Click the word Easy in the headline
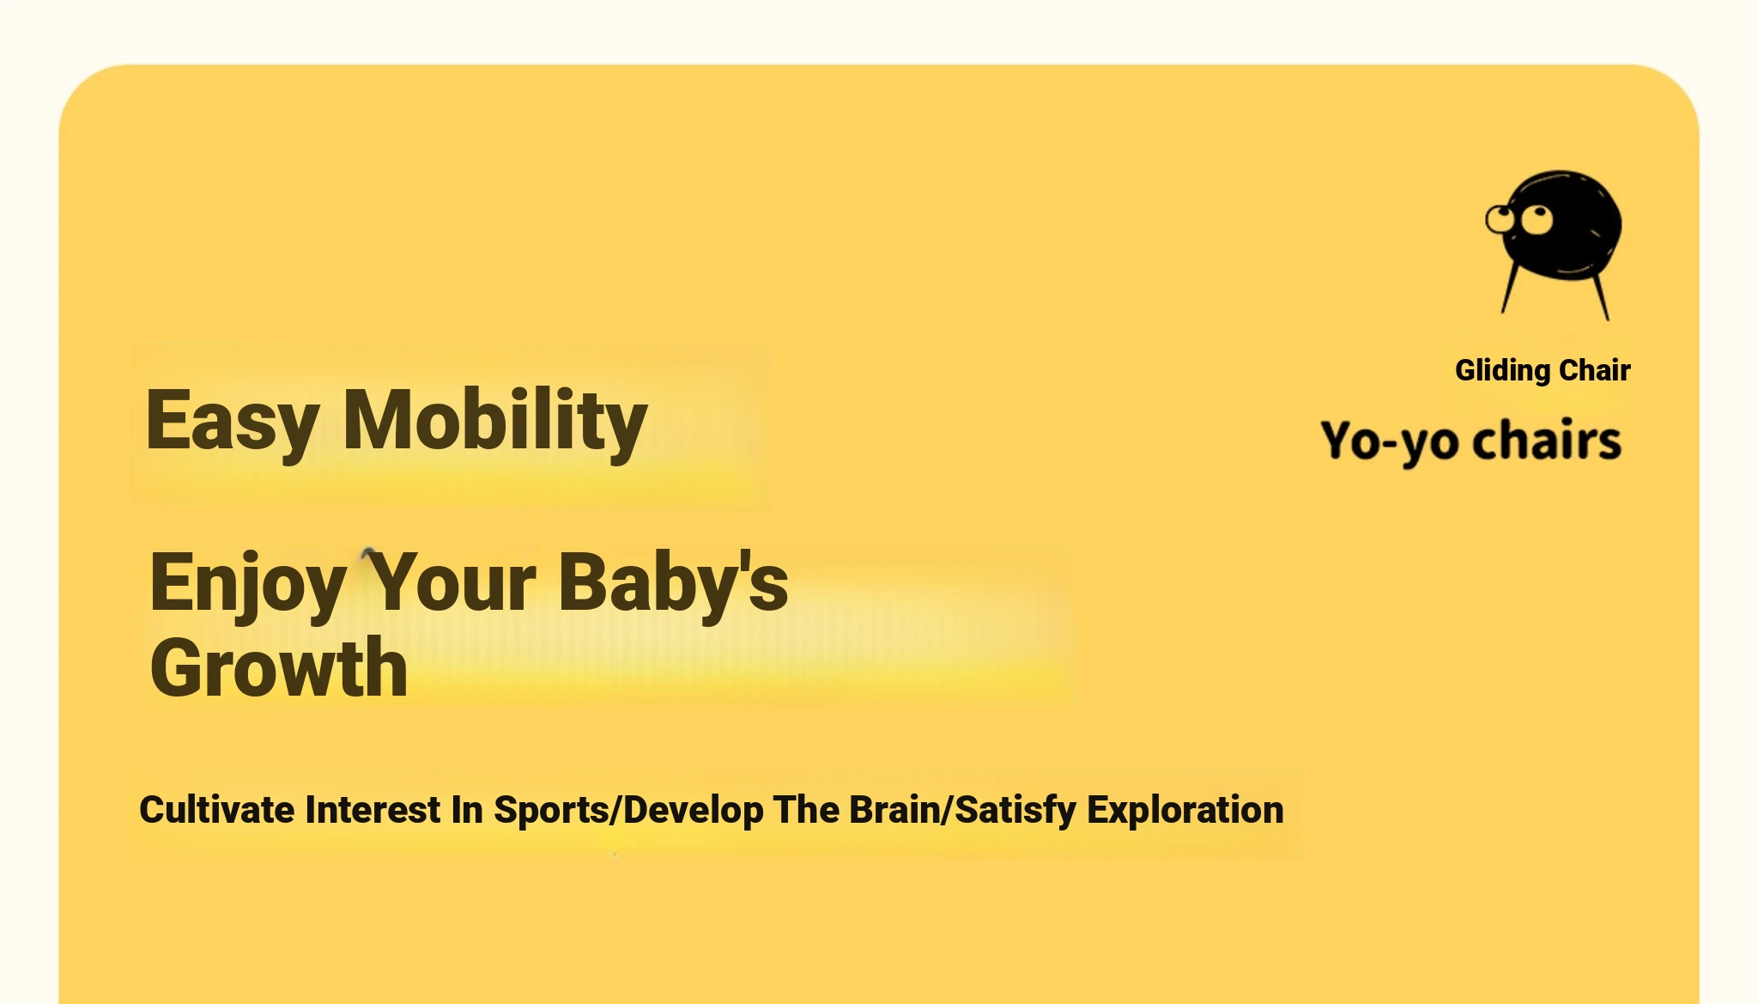point(232,423)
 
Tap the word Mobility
point(495,421)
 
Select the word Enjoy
point(248,585)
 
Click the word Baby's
point(673,581)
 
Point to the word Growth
point(279,667)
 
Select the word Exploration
point(1185,810)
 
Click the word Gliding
point(1502,370)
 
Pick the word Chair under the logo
point(1595,370)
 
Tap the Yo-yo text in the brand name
point(1390,441)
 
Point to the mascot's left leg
point(1511,289)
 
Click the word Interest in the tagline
point(373,809)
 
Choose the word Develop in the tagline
point(694,811)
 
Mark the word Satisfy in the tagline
point(1015,811)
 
